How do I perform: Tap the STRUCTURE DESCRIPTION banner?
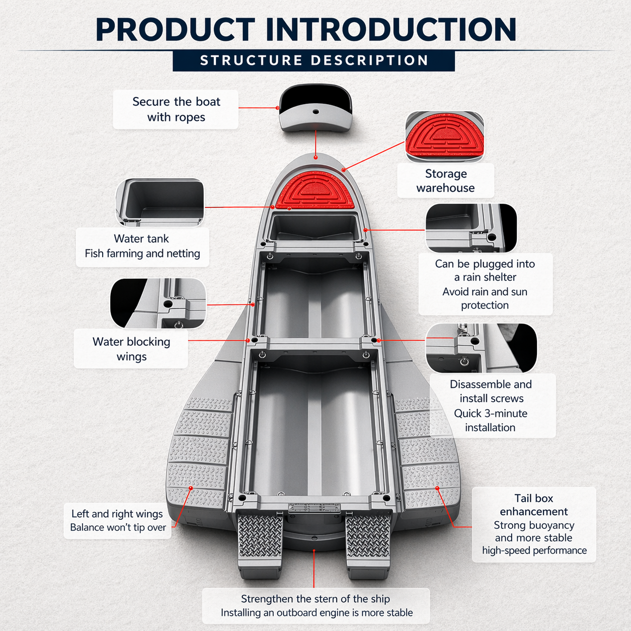coord(314,61)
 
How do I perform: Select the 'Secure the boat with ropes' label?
coord(176,109)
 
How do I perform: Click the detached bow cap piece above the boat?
coord(315,108)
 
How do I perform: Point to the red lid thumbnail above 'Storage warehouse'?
coord(445,136)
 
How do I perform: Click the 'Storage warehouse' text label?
coord(445,181)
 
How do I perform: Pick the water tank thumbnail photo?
coord(161,202)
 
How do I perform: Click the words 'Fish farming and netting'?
coord(142,254)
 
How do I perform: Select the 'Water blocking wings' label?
coord(131,349)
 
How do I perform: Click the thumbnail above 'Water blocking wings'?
coord(158,303)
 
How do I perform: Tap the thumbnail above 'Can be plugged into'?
coord(471,227)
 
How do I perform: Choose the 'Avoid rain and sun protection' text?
coord(485,298)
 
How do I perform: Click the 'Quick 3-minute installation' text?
coord(491,420)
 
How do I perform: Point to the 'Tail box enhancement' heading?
coord(533,505)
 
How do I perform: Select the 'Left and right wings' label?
coord(117,514)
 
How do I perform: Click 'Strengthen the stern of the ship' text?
coord(315,599)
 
